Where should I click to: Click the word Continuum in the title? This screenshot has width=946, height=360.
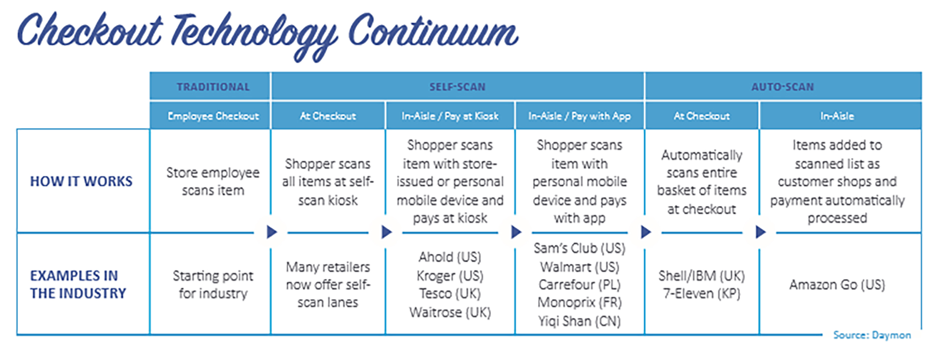click(x=433, y=31)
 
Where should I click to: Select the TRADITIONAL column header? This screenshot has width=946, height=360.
click(x=213, y=87)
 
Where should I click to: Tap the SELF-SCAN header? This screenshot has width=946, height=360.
click(x=457, y=87)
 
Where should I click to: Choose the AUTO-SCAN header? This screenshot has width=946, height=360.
click(x=783, y=87)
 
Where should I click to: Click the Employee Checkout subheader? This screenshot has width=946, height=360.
click(x=213, y=116)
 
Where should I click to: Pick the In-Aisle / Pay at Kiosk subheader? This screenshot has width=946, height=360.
click(x=450, y=116)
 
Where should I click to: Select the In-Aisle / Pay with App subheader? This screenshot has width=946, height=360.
click(x=580, y=116)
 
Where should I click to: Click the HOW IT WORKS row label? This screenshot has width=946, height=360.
click(x=81, y=181)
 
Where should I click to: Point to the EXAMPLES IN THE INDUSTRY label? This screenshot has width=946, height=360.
click(x=78, y=284)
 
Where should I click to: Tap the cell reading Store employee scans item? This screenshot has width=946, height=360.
click(x=213, y=181)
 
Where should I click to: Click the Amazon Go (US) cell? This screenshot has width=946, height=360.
click(x=837, y=285)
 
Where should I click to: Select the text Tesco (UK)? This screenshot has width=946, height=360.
click(x=450, y=294)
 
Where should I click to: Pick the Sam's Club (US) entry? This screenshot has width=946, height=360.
click(x=580, y=248)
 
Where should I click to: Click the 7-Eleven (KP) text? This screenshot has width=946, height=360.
click(x=702, y=294)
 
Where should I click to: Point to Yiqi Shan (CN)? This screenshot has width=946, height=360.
click(x=580, y=321)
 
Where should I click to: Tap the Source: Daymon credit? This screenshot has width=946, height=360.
click(x=872, y=335)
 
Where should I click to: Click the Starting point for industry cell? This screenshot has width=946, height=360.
click(x=213, y=284)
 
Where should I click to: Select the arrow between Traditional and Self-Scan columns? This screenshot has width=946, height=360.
click(x=272, y=232)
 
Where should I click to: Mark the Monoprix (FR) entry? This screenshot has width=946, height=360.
click(x=580, y=303)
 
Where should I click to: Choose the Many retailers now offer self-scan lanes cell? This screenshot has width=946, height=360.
click(x=328, y=284)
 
